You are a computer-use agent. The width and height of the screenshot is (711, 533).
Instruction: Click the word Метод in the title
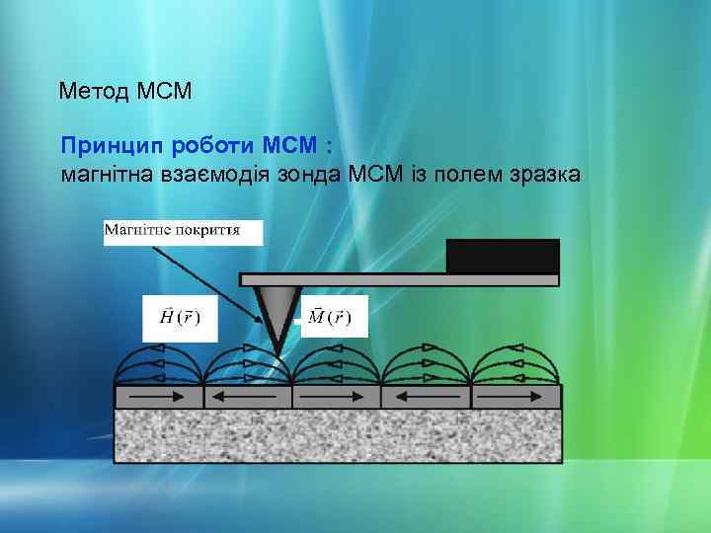(92, 93)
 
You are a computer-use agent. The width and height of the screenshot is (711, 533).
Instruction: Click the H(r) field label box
(180, 318)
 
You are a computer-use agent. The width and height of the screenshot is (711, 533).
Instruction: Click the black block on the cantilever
(503, 256)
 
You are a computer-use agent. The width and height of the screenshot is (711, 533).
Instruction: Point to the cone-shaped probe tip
(277, 311)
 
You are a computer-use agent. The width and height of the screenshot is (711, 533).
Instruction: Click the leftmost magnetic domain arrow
(159, 397)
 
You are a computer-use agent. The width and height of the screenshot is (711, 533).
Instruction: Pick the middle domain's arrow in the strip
(336, 397)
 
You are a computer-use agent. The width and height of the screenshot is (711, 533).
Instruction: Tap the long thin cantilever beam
(395, 278)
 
